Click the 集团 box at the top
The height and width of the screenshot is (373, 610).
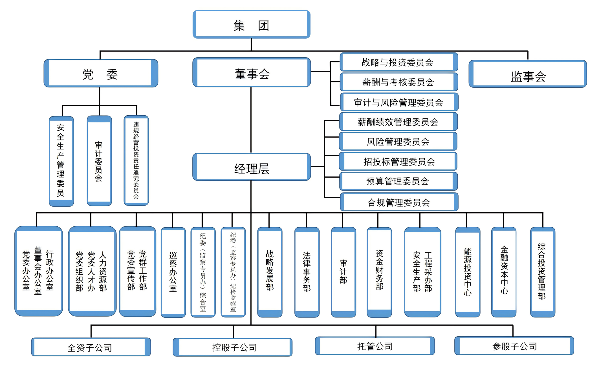coord(252,25)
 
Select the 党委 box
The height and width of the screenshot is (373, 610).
coord(101,74)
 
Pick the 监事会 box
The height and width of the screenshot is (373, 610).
coord(528,74)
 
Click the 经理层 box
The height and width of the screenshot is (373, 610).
coord(252,167)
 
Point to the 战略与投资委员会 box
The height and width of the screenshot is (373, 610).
coord(398,62)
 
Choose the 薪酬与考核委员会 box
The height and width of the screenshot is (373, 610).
coord(398,82)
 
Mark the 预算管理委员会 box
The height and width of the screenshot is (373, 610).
coord(398,181)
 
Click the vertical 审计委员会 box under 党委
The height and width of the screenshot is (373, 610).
coord(99,161)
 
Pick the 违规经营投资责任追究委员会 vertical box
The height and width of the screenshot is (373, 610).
coord(136,160)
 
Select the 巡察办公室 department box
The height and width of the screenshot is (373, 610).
coord(173,272)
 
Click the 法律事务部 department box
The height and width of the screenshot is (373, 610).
coord(307,272)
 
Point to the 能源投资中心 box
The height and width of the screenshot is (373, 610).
coord(468,272)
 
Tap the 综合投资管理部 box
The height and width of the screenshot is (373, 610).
coord(542,272)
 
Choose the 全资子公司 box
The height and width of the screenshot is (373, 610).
coord(91,347)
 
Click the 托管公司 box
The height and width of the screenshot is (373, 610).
coord(375,346)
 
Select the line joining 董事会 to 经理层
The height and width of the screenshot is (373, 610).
coord(251,120)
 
